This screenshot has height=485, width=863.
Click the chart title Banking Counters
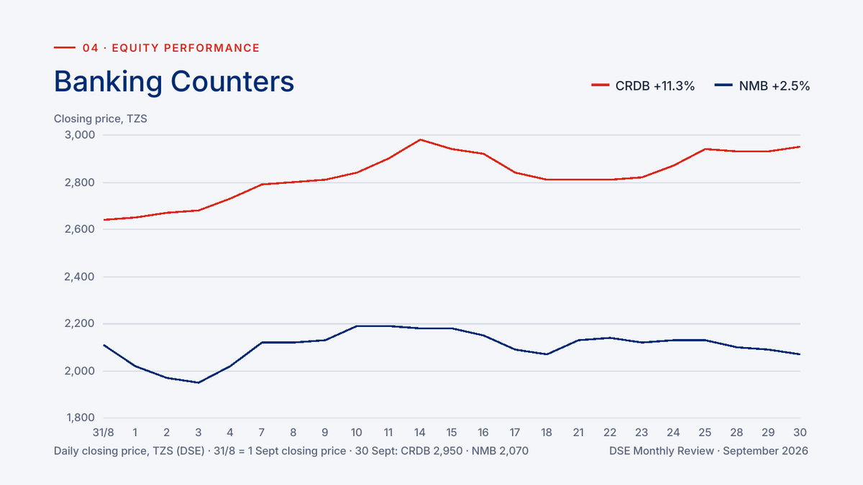pos(174,82)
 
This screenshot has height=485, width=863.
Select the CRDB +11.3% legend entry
pos(643,86)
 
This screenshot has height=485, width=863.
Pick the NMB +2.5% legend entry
pos(762,86)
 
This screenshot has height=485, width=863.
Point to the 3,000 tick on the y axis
pos(80,135)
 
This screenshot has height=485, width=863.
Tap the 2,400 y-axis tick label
pos(79,277)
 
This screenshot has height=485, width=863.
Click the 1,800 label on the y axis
pos(81,417)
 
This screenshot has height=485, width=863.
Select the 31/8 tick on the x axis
pos(104,433)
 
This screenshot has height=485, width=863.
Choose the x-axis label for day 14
pos(420,433)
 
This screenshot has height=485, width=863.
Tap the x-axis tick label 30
pos(800,433)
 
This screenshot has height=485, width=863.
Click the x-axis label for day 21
pos(578,433)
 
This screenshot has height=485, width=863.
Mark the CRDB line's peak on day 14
pos(420,139)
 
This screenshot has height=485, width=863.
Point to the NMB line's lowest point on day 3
pos(198,382)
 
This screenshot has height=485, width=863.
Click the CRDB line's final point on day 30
pos(800,147)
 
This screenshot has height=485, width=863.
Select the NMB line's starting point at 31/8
pos(104,345)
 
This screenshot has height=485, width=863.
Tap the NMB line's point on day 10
pos(357,326)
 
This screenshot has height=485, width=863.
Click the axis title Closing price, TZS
pos(101,119)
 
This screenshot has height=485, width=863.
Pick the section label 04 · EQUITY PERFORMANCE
pos(171,47)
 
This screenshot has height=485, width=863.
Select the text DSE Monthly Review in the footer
pos(662,451)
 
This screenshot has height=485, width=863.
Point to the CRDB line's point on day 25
pos(705,149)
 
